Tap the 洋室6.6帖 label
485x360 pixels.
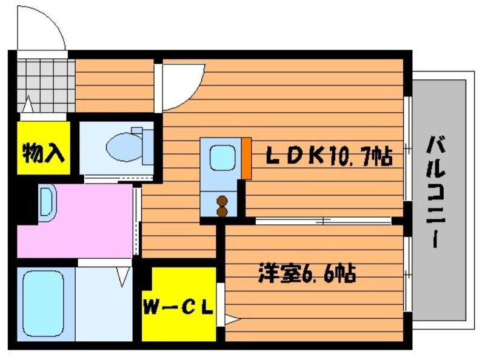(x=307, y=273)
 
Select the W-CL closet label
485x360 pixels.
(x=178, y=307)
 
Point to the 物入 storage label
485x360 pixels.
(x=43, y=153)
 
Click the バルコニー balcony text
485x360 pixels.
(x=435, y=192)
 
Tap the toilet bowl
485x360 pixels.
(x=124, y=147)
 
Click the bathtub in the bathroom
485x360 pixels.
(x=43, y=304)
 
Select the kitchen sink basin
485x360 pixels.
(x=222, y=158)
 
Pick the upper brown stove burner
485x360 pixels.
(x=222, y=201)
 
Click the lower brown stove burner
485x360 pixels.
(x=222, y=212)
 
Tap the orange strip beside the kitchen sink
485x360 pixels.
(x=247, y=158)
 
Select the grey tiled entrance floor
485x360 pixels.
(x=46, y=85)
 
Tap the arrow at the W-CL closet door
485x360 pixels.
(x=232, y=319)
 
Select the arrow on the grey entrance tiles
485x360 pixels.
(x=28, y=104)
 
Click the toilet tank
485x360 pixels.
(x=145, y=145)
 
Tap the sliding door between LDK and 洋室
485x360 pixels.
(x=324, y=221)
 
